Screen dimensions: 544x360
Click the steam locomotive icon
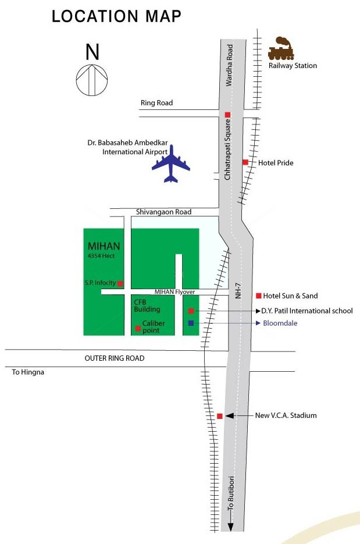click(281, 49)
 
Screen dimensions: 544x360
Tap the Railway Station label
click(293, 66)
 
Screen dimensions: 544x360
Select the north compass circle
click(92, 80)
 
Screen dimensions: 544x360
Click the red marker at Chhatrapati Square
click(228, 115)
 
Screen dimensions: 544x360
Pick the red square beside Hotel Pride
click(245, 162)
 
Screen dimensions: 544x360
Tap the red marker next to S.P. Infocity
click(120, 283)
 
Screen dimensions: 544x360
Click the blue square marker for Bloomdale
click(191, 323)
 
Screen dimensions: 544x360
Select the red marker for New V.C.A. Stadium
click(219, 416)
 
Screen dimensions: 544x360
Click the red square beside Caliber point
click(138, 329)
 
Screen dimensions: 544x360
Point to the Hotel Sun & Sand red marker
click(259, 296)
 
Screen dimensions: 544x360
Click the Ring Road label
click(156, 103)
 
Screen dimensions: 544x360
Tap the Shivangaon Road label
click(163, 212)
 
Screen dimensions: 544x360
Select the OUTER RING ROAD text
click(115, 358)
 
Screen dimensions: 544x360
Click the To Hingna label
click(28, 372)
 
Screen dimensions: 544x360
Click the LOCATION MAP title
click(116, 17)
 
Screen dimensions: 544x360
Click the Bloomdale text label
click(280, 323)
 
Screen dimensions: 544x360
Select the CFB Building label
click(147, 305)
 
